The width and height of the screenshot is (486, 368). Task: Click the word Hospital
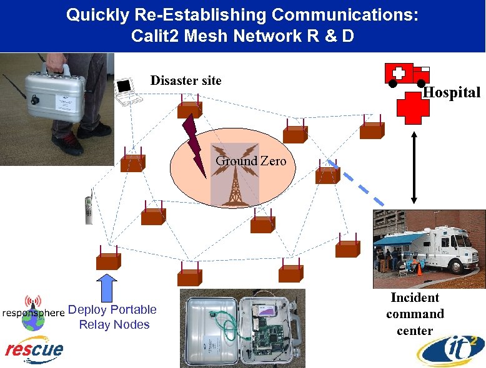click(x=452, y=93)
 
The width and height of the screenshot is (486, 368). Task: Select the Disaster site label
click(x=186, y=80)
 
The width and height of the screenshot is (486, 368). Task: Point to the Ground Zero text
click(x=250, y=161)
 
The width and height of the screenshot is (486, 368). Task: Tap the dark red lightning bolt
click(x=192, y=144)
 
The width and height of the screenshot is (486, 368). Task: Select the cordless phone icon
click(x=89, y=206)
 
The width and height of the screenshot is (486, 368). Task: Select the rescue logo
click(x=34, y=349)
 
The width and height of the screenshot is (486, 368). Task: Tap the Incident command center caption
click(x=415, y=314)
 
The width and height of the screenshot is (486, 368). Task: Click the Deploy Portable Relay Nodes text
click(x=113, y=317)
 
